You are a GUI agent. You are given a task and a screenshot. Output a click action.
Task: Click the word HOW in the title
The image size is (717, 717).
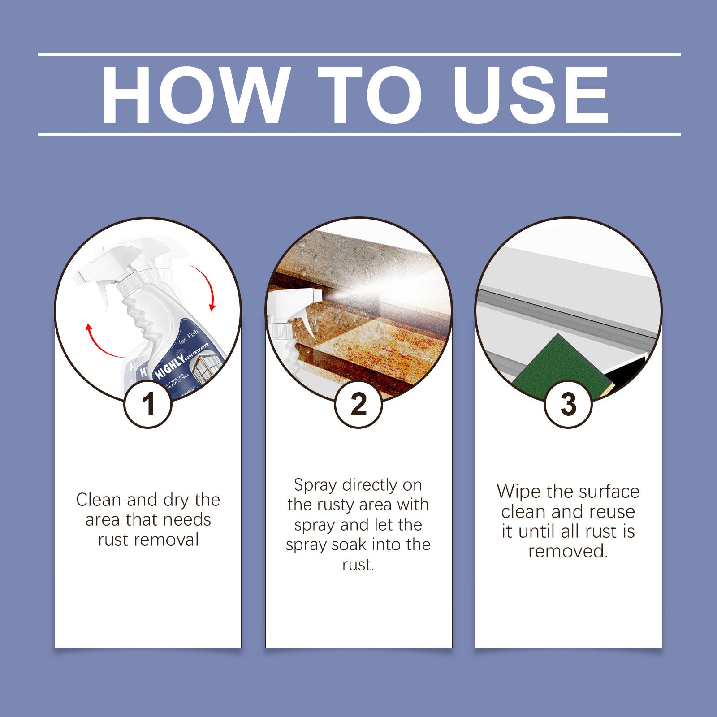tap(194, 95)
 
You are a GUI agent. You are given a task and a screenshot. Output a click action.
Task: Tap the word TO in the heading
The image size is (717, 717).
tap(370, 95)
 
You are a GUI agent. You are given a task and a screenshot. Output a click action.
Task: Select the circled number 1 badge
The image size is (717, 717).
tap(148, 404)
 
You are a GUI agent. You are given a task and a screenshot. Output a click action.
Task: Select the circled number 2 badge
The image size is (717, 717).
tap(358, 404)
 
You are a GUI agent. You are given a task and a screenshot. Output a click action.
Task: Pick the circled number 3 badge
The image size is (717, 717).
tap(568, 404)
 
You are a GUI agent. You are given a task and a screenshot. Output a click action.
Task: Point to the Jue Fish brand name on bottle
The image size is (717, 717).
tap(188, 337)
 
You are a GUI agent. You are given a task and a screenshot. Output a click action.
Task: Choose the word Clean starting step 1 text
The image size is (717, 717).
tap(98, 500)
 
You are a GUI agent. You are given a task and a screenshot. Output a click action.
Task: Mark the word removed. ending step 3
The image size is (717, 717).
tap(568, 551)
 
